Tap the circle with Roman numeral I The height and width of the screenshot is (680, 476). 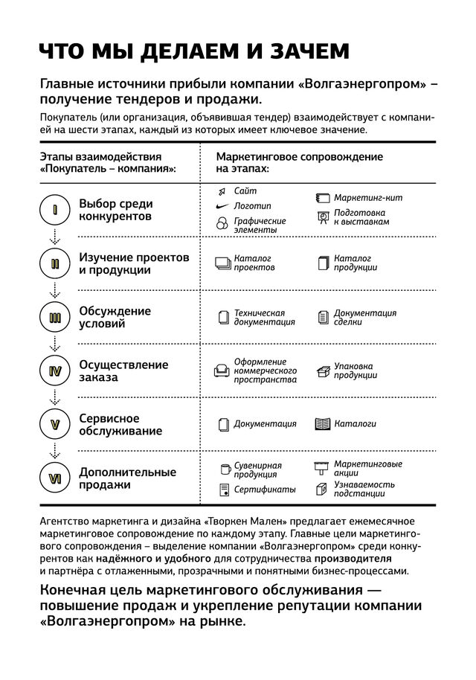54,210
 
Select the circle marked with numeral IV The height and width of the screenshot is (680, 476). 54,371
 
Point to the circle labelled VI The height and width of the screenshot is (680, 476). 54,478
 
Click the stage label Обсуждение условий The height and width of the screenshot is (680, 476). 115,317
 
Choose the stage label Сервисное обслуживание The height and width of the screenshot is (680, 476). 120,425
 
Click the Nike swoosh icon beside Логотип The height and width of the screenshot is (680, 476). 220,205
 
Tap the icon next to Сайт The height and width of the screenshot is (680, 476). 221,191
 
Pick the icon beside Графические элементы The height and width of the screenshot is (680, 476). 221,224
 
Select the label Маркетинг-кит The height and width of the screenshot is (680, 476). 367,198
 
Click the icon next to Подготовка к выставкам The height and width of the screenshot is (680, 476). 322,217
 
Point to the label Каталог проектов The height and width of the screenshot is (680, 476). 254,263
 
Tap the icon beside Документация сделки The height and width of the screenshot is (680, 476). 322,317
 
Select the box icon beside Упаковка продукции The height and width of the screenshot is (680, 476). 322,370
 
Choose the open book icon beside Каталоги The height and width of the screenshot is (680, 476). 322,424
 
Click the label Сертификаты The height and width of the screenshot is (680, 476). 265,490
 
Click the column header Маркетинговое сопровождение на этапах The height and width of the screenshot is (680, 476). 299,163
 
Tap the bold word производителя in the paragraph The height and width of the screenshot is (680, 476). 352,557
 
